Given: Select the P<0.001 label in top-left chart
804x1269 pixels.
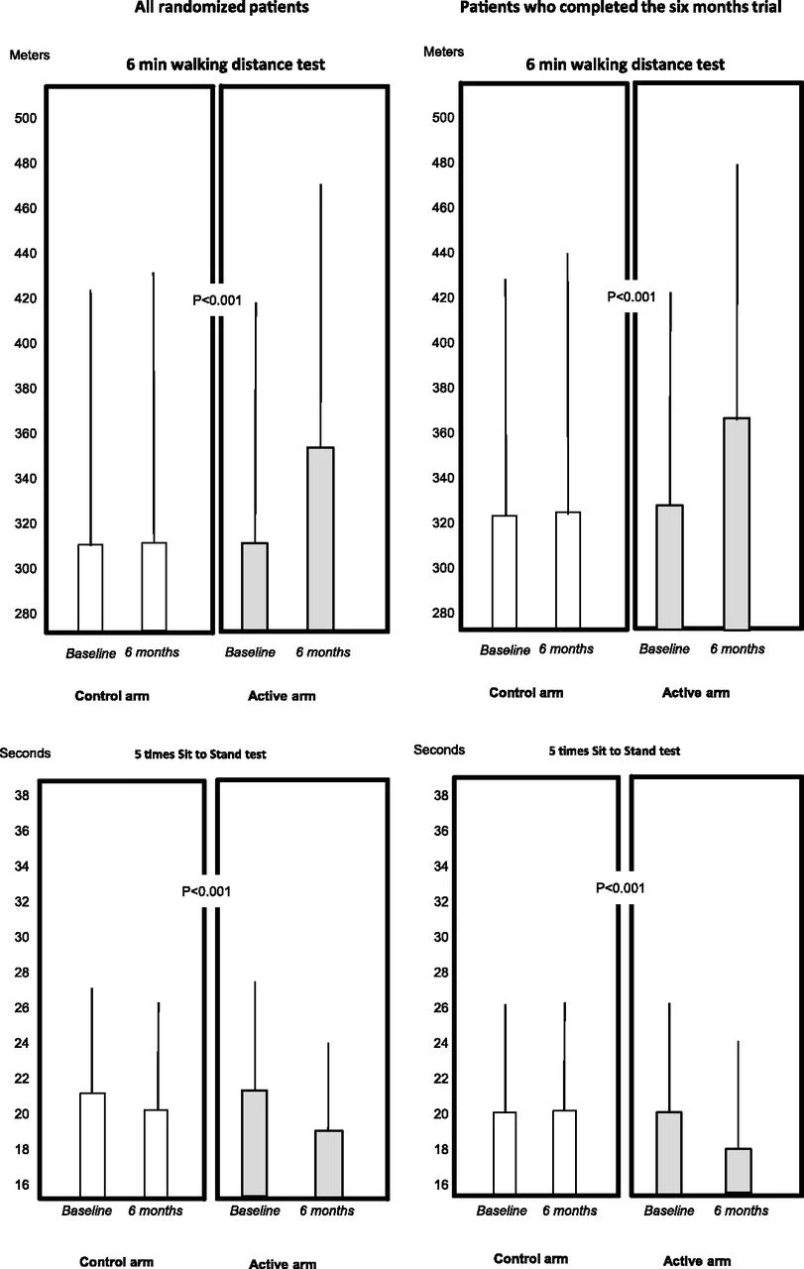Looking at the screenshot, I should [x=216, y=297].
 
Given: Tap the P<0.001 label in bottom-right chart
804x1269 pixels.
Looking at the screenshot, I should [x=621, y=888].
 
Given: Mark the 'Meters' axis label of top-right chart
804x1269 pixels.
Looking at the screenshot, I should [x=443, y=50].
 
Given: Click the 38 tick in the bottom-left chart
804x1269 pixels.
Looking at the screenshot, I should [x=21, y=795].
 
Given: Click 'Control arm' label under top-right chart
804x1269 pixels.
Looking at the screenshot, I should [x=525, y=693].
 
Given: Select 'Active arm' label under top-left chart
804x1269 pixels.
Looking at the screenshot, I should [x=282, y=696].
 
